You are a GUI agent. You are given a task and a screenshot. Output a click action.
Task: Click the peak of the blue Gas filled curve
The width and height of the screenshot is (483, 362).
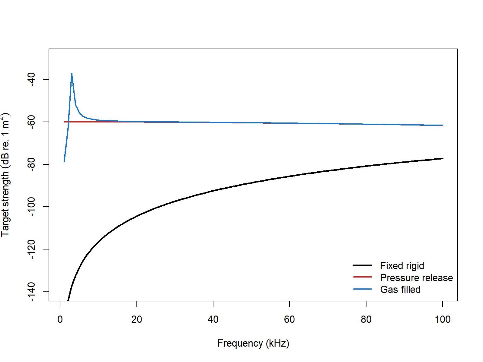point(72,74)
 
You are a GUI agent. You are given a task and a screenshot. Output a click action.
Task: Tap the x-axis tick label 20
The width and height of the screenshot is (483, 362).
point(136,319)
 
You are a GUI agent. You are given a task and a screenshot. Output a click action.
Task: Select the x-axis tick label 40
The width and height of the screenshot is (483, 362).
point(213,319)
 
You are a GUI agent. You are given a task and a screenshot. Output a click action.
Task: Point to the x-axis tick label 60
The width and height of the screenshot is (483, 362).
point(289,319)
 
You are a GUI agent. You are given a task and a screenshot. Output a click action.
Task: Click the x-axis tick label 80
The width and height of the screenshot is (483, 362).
point(366,319)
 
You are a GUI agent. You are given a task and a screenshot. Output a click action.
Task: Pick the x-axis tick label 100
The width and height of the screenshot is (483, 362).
point(442,319)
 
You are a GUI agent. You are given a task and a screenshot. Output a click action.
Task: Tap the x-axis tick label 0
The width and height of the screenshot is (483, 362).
point(60,319)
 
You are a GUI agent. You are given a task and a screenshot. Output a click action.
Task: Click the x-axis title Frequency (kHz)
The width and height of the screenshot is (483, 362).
point(253,343)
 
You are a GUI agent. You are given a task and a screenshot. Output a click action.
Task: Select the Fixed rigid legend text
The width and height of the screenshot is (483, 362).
point(402,266)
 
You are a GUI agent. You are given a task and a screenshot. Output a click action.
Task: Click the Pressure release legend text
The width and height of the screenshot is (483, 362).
point(416,278)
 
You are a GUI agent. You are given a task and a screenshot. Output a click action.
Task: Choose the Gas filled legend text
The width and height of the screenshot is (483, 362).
point(400,290)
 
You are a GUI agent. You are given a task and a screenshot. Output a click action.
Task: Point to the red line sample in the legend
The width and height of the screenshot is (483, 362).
point(362,277)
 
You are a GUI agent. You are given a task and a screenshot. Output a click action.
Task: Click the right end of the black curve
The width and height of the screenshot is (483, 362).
point(443,158)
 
